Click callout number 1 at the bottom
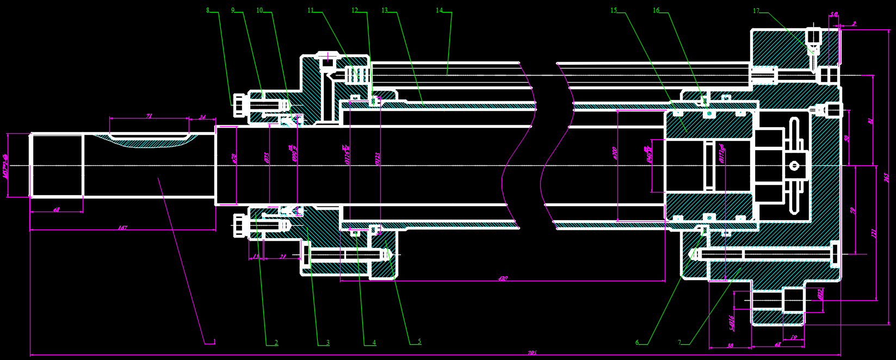tap(214, 342)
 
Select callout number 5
tap(419, 342)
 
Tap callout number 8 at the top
tap(208, 10)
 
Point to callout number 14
tap(440, 10)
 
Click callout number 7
tap(679, 342)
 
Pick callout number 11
tap(311, 10)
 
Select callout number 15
tap(614, 10)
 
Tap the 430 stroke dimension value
tap(503, 278)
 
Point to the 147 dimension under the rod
tap(122, 227)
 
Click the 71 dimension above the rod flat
tap(149, 116)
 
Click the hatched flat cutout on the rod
tap(147, 142)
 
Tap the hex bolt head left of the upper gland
tap(238, 105)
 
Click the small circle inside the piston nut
tap(794, 165)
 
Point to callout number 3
tap(327, 342)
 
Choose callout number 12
tap(355, 10)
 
